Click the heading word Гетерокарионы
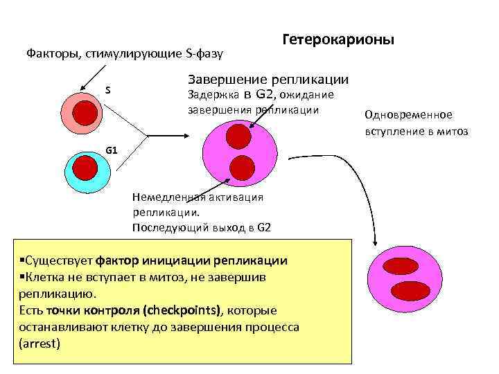(338, 40)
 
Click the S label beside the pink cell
(107, 91)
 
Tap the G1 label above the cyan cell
(112, 149)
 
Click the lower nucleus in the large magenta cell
(243, 167)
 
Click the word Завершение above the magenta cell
(221, 80)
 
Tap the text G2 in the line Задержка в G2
(266, 94)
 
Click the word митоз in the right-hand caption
(453, 131)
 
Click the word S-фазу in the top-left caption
(216, 53)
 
